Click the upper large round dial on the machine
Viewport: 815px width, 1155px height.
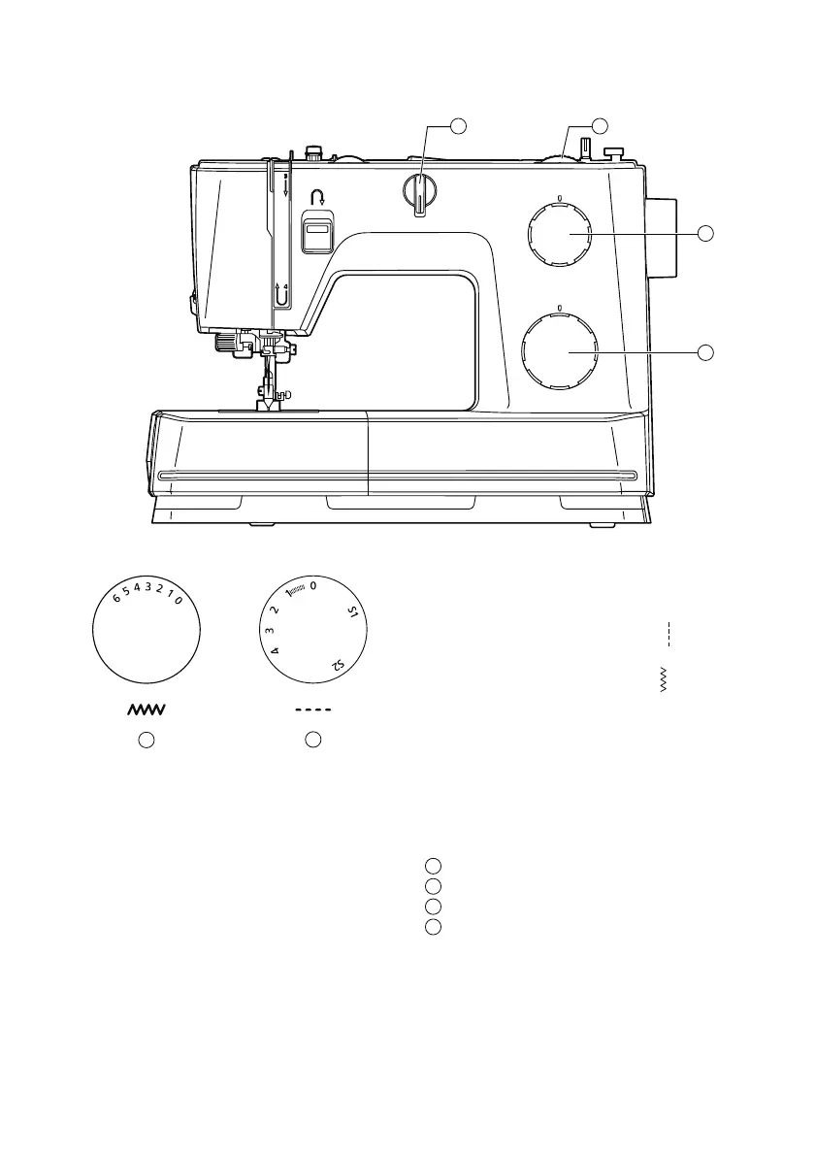tap(560, 234)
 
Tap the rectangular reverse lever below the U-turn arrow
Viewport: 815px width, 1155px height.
tap(316, 234)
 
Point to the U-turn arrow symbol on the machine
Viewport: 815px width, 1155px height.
tap(316, 197)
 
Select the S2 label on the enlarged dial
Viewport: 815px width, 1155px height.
tap(337, 665)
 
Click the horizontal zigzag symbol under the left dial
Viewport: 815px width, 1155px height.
tap(146, 710)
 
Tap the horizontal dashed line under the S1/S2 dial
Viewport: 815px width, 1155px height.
tap(313, 710)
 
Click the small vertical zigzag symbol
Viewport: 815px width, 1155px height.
tap(665, 680)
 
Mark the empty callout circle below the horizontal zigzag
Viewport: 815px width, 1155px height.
tap(146, 741)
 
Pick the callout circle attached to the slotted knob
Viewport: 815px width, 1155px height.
tap(459, 125)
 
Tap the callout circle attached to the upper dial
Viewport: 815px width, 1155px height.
tap(706, 233)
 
